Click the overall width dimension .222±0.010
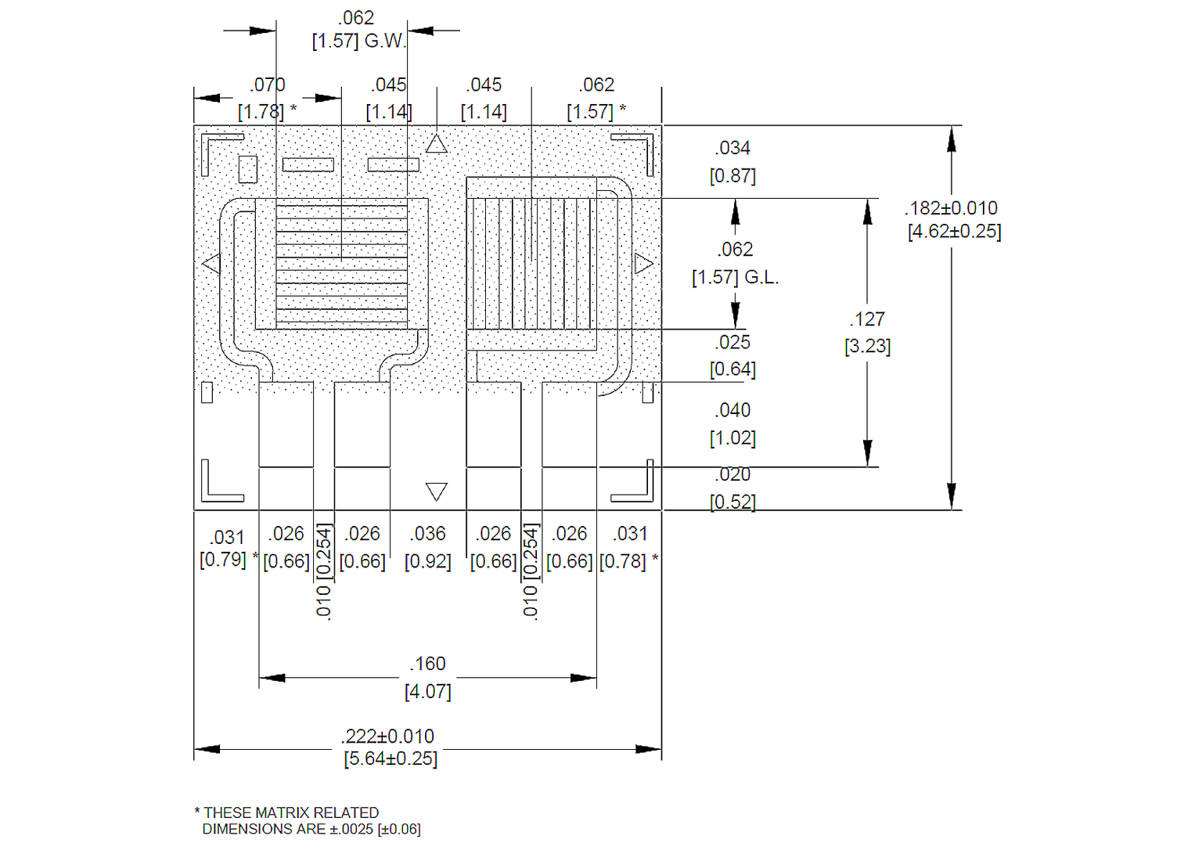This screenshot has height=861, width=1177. (x=388, y=737)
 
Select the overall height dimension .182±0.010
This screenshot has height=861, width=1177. (x=952, y=208)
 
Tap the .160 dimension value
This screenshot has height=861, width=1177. (x=427, y=664)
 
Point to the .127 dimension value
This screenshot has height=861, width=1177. (x=867, y=319)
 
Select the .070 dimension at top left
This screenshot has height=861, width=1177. (x=268, y=85)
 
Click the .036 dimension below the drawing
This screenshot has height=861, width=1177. (x=427, y=534)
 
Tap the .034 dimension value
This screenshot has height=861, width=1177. (x=732, y=148)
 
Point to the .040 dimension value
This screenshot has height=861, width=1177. (x=732, y=410)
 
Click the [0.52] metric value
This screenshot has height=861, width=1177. (x=732, y=502)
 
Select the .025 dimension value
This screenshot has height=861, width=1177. (x=732, y=342)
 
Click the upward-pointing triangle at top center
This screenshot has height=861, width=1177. (x=437, y=145)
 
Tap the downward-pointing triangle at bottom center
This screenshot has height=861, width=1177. (x=437, y=491)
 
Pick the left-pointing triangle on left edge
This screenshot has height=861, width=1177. (x=211, y=264)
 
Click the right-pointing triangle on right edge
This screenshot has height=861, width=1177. (x=643, y=264)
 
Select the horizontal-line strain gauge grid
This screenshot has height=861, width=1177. (x=341, y=264)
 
